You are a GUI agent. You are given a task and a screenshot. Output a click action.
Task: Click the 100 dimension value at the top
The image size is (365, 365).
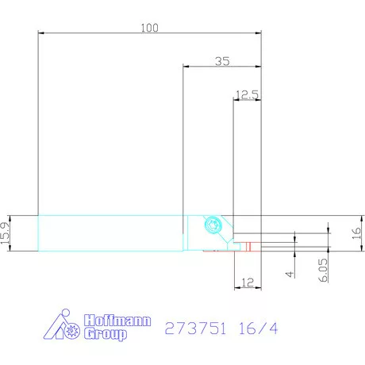(x=149, y=27)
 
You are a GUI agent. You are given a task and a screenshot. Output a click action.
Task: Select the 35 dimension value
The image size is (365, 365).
(x=222, y=60)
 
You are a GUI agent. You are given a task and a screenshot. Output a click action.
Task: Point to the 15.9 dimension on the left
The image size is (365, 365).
(x=6, y=233)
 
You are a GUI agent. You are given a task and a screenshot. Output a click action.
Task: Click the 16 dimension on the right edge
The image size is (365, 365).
(x=355, y=233)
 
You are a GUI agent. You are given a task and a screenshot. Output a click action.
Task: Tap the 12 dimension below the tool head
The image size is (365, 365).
(x=248, y=281)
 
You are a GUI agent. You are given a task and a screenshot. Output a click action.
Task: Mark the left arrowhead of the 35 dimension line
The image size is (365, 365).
(x=186, y=67)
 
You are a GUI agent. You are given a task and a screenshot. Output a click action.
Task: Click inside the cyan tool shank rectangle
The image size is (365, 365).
(x=111, y=233)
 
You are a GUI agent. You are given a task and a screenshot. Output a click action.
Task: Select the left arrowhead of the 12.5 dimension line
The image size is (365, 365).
(x=236, y=100)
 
